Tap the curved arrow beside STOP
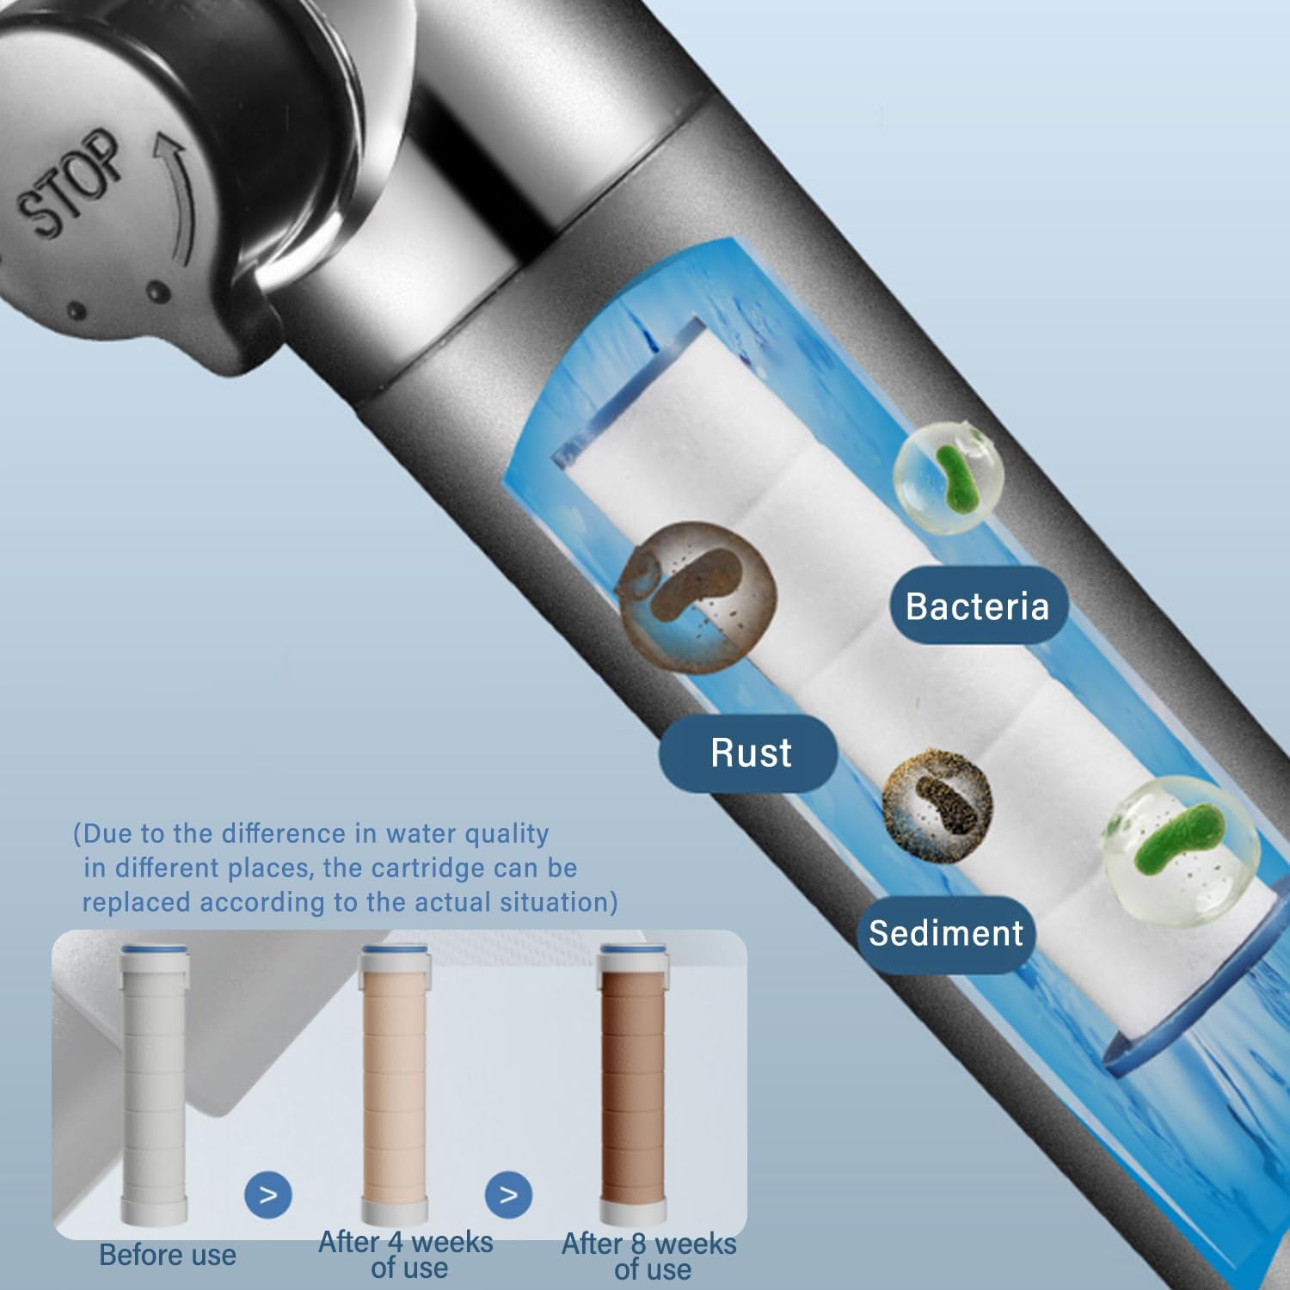point(176,193)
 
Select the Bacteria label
point(977,606)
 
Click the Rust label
point(750,753)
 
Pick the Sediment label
point(945,934)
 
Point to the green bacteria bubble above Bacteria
point(949,476)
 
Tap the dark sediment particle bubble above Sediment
point(937,805)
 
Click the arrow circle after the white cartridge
point(268,1195)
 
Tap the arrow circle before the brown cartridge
point(508,1195)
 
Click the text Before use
point(168,1255)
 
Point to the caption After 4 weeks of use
point(406,1255)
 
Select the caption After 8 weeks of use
point(649,1256)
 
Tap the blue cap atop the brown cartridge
point(633,949)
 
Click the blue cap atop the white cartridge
point(154,949)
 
